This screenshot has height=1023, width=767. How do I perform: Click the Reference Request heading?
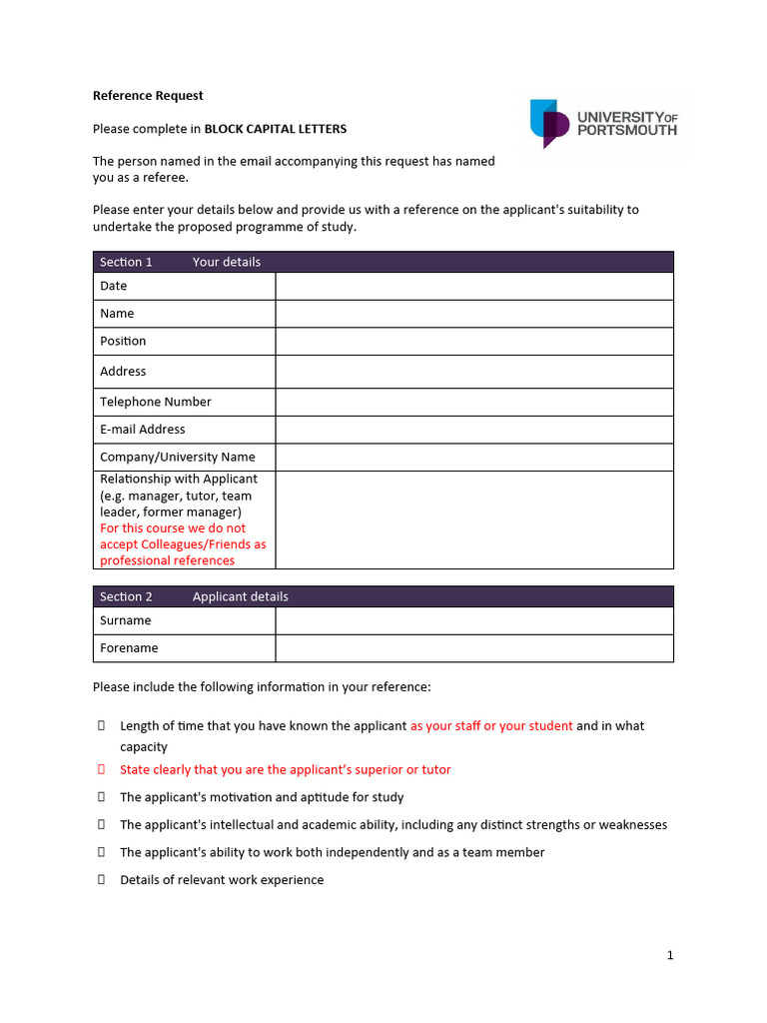point(148,96)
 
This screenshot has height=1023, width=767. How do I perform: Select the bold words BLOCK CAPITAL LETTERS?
point(276,129)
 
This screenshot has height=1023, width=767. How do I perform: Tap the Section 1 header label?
point(126,262)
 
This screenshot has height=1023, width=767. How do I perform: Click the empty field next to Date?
point(474,287)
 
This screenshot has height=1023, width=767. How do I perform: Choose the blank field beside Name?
point(474,314)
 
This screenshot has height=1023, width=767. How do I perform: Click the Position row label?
point(123,341)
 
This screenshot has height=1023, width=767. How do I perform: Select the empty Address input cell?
point(474,372)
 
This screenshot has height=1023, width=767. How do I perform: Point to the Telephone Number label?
point(156,402)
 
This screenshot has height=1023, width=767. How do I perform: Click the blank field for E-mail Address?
point(474,430)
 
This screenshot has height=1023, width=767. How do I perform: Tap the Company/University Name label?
point(178,457)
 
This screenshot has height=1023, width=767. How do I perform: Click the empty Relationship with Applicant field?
point(474,519)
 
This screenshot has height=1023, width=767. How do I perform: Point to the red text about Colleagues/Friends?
point(183,544)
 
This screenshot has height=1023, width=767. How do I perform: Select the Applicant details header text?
point(240,596)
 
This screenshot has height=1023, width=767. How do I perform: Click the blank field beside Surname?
point(474,621)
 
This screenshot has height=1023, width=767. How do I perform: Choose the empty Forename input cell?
point(474,648)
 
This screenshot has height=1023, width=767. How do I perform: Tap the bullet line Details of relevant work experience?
point(222,880)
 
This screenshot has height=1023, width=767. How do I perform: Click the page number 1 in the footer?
point(670,955)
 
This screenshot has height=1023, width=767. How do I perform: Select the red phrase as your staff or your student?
point(491,726)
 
